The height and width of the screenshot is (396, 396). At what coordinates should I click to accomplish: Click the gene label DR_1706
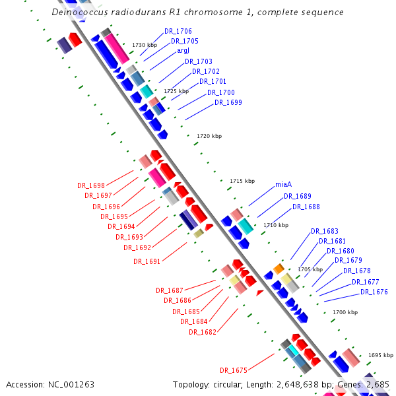tap(178, 31)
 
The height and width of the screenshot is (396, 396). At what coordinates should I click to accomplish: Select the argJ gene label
tap(183, 50)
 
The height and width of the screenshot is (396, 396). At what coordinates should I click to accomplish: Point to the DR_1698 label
tap(91, 185)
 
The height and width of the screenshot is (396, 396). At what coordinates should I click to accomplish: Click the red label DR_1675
tap(234, 370)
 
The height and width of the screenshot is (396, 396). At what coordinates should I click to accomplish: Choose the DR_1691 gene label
tap(147, 261)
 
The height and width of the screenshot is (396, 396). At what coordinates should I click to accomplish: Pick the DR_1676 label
tap(374, 292)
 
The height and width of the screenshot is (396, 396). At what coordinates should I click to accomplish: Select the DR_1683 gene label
tap(325, 231)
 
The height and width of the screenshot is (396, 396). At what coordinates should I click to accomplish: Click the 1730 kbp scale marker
tap(145, 45)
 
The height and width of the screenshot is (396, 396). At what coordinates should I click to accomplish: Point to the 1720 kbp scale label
tap(209, 136)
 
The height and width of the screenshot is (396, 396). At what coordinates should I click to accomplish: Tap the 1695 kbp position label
tap(380, 354)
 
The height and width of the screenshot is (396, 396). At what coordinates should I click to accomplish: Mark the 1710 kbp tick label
tap(276, 225)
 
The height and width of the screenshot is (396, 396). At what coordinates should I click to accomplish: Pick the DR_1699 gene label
tap(228, 102)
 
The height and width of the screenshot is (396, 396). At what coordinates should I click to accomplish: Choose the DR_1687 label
tap(170, 290)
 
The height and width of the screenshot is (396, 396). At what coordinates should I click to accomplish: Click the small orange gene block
tap(279, 269)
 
